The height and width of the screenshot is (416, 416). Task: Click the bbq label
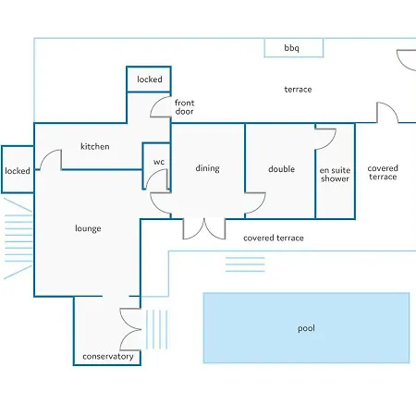coord(291,48)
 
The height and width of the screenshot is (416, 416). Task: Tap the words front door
coord(185,107)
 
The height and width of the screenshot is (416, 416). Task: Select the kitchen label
coord(95,146)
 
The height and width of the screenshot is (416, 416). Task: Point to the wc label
coord(159,162)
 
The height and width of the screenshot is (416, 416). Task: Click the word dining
coord(208,168)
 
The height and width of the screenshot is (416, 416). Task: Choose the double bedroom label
coord(281,169)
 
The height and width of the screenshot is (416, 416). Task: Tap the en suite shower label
coord(335,175)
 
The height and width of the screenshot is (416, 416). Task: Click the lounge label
coord(88,228)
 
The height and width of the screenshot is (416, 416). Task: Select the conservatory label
coord(108,357)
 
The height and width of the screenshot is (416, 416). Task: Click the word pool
coord(306,328)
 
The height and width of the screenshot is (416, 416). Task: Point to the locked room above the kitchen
coord(149,80)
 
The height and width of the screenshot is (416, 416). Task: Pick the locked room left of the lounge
coord(18,169)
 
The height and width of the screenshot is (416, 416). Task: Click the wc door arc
coord(153,175)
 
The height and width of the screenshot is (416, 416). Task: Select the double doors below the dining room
coord(204,228)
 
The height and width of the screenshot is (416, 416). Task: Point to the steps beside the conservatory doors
coord(157,329)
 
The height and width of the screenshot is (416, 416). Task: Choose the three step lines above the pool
coord(245,264)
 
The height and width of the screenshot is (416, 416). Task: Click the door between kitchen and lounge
coord(46,154)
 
